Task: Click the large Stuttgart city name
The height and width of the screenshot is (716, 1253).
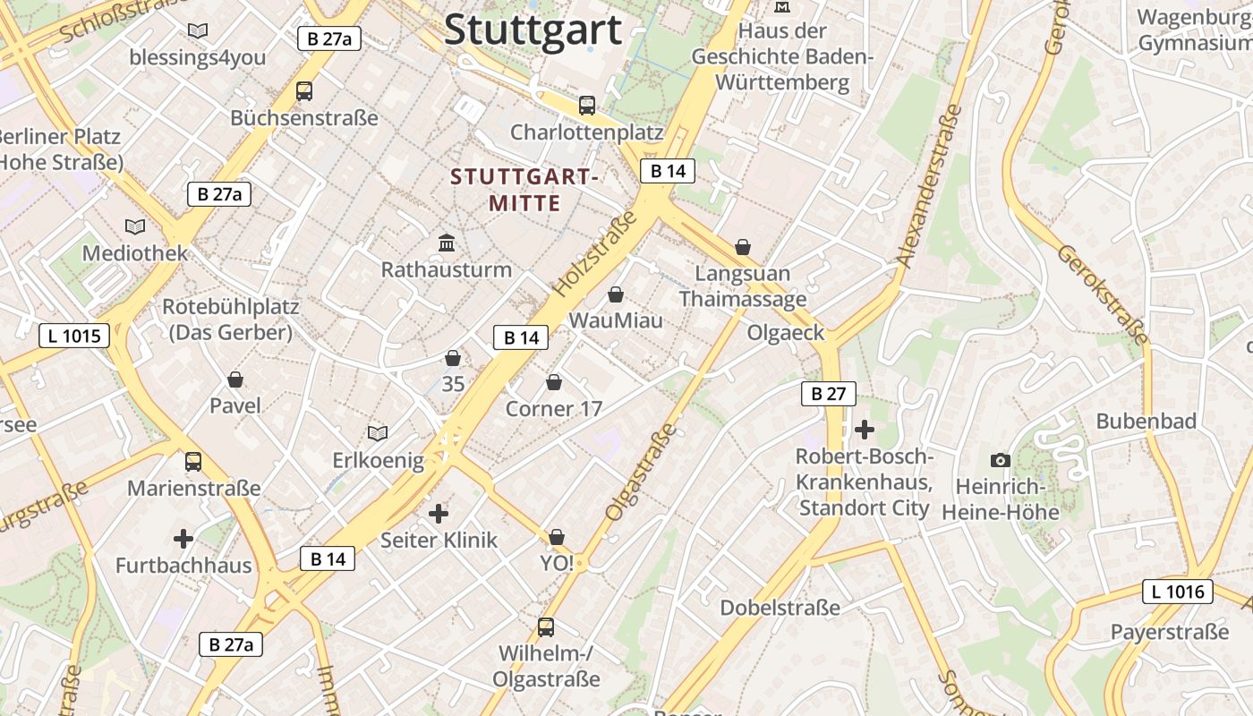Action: [x=533, y=30]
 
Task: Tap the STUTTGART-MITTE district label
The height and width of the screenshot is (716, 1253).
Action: [x=524, y=190]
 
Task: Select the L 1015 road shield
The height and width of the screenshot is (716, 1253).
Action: [x=74, y=337]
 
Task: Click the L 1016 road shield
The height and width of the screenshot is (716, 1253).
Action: [x=1178, y=591]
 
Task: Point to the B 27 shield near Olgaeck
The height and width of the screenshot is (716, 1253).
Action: [x=828, y=394]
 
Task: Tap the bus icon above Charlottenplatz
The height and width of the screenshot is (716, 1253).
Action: [x=587, y=106]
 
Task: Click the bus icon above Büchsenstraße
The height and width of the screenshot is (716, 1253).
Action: [x=304, y=91]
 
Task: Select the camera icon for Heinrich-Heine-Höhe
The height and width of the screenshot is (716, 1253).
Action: [x=1001, y=461]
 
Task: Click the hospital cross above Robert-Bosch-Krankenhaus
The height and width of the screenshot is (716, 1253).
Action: [x=865, y=430]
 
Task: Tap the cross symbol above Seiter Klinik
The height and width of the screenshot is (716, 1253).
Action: [x=439, y=514]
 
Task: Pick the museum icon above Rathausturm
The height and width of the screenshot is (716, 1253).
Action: [x=447, y=243]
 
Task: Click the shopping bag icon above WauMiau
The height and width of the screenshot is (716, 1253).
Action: [x=616, y=294]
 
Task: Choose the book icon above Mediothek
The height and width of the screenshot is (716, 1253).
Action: [x=135, y=227]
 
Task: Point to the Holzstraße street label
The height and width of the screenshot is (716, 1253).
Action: [x=594, y=254]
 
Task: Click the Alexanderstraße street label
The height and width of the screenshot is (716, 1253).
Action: [x=929, y=186]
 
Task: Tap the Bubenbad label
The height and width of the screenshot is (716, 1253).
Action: [x=1146, y=421]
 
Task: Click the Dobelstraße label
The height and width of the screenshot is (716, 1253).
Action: [x=780, y=608]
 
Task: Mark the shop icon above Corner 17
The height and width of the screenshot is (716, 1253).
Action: [x=554, y=383]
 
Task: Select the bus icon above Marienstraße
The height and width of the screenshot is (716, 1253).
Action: [x=193, y=462]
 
